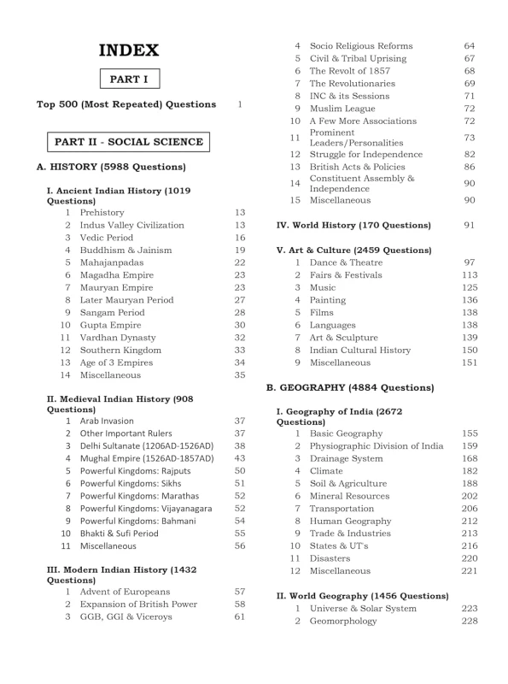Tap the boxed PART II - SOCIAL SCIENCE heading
(x=128, y=142)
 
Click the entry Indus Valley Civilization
(x=131, y=225)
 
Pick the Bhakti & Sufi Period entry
(x=119, y=533)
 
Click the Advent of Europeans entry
(x=125, y=592)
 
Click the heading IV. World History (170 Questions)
(x=353, y=225)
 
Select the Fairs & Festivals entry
(x=346, y=275)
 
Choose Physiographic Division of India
(x=377, y=446)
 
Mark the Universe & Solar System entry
(x=363, y=609)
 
